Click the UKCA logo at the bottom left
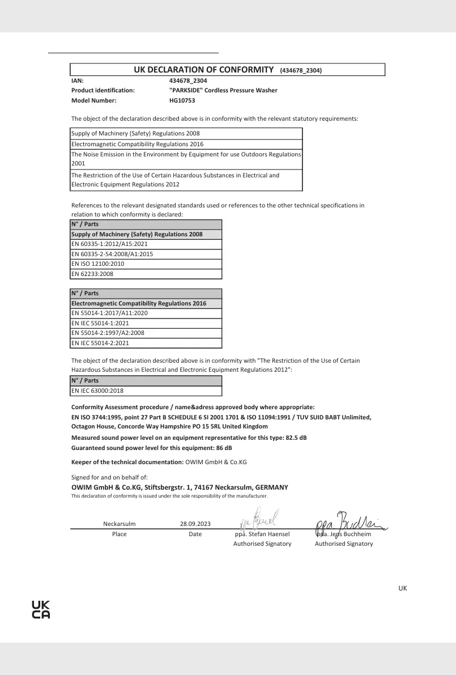pyautogui.click(x=41, y=610)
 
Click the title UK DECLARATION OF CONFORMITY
pyautogui.click(x=203, y=70)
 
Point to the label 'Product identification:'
pyautogui.click(x=103, y=90)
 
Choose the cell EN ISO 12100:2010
pyautogui.click(x=97, y=264)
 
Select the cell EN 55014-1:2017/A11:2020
pyautogui.click(x=109, y=313)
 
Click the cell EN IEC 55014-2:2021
pyautogui.click(x=100, y=343)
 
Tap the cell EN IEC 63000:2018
pyautogui.click(x=97, y=390)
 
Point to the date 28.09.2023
pyautogui.click(x=195, y=524)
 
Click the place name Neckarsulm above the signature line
pyautogui.click(x=120, y=524)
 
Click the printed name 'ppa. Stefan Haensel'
pyautogui.click(x=262, y=534)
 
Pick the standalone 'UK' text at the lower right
pyautogui.click(x=403, y=588)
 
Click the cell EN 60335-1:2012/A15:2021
pyautogui.click(x=109, y=244)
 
